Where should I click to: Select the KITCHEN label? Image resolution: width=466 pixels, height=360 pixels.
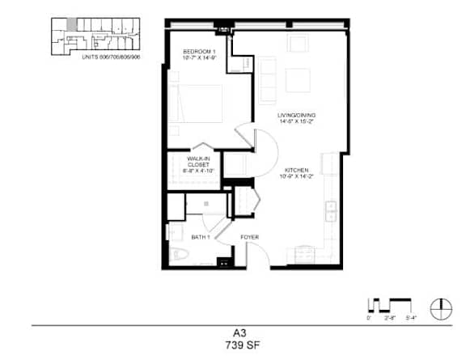coord(295,170)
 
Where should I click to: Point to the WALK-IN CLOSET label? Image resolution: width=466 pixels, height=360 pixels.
coord(199,162)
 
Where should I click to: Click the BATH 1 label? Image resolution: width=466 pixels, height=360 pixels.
coord(201,237)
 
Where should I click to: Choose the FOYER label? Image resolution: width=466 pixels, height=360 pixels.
coord(249,237)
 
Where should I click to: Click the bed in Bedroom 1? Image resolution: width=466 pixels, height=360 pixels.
coord(196,103)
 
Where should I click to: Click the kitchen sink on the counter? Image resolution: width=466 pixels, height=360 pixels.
coord(332,211)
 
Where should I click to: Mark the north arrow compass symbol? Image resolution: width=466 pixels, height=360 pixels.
coord(440,307)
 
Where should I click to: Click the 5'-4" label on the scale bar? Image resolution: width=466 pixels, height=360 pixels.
coord(411,319)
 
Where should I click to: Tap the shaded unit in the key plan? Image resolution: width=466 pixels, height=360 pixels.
coord(73,24)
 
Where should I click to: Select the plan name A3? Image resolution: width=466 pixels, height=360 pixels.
coord(233,332)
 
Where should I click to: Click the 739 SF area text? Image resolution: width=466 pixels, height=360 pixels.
coord(233,345)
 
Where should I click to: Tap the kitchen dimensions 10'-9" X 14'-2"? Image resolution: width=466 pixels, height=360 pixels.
coord(295,176)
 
